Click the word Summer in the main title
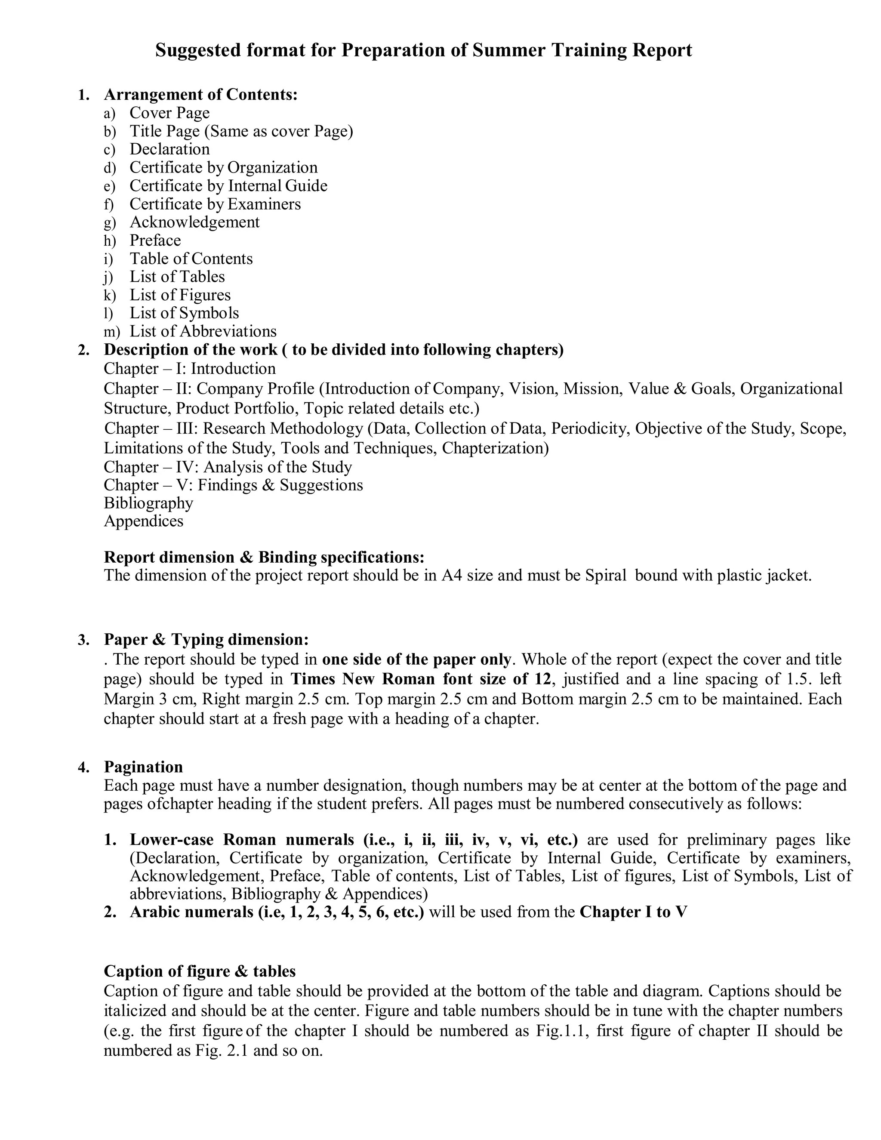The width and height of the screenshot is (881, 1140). coord(509,51)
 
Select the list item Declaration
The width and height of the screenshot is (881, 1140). coord(169,149)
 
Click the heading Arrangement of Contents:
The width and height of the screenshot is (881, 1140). coord(200,95)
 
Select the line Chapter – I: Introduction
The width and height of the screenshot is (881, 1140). coord(189,369)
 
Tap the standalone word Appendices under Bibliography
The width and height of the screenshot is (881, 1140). coord(144,521)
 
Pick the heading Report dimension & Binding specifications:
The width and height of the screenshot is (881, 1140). coord(264,557)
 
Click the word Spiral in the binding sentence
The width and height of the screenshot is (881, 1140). coord(605,575)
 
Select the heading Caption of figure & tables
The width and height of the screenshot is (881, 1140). coord(199,971)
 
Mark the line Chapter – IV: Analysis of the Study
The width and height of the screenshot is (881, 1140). coord(228,467)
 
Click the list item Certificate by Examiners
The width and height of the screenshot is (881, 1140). coord(215,204)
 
